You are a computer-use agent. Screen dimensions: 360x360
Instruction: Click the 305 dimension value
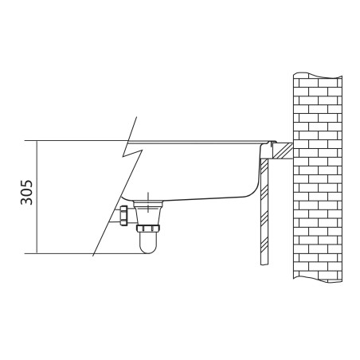(x=26, y=193)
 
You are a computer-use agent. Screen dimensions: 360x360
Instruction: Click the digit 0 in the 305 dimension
(x=26, y=193)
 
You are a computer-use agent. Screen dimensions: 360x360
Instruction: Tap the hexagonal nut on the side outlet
(x=123, y=216)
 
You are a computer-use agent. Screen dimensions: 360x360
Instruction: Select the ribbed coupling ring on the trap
(x=148, y=228)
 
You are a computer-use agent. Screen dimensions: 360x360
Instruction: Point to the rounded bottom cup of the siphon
(x=148, y=243)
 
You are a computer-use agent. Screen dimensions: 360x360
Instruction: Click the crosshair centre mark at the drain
(x=148, y=204)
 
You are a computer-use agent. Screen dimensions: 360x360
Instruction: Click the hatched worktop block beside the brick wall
(x=283, y=151)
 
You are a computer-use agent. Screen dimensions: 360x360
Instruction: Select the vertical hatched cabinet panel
(x=264, y=212)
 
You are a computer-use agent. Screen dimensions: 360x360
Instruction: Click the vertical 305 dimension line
(x=37, y=197)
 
